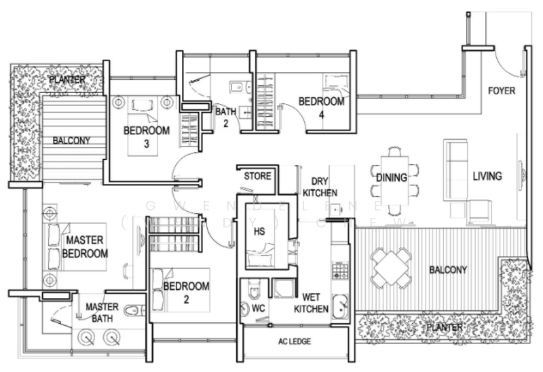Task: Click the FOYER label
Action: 502,90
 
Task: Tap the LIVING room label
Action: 487,176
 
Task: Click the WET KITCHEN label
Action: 312,303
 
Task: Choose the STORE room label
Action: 257,176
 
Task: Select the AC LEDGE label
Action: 294,341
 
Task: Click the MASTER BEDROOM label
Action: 86,248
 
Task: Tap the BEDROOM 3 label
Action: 146,136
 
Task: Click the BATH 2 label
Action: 225,117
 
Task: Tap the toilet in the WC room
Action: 253,291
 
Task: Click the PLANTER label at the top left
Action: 67,80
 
